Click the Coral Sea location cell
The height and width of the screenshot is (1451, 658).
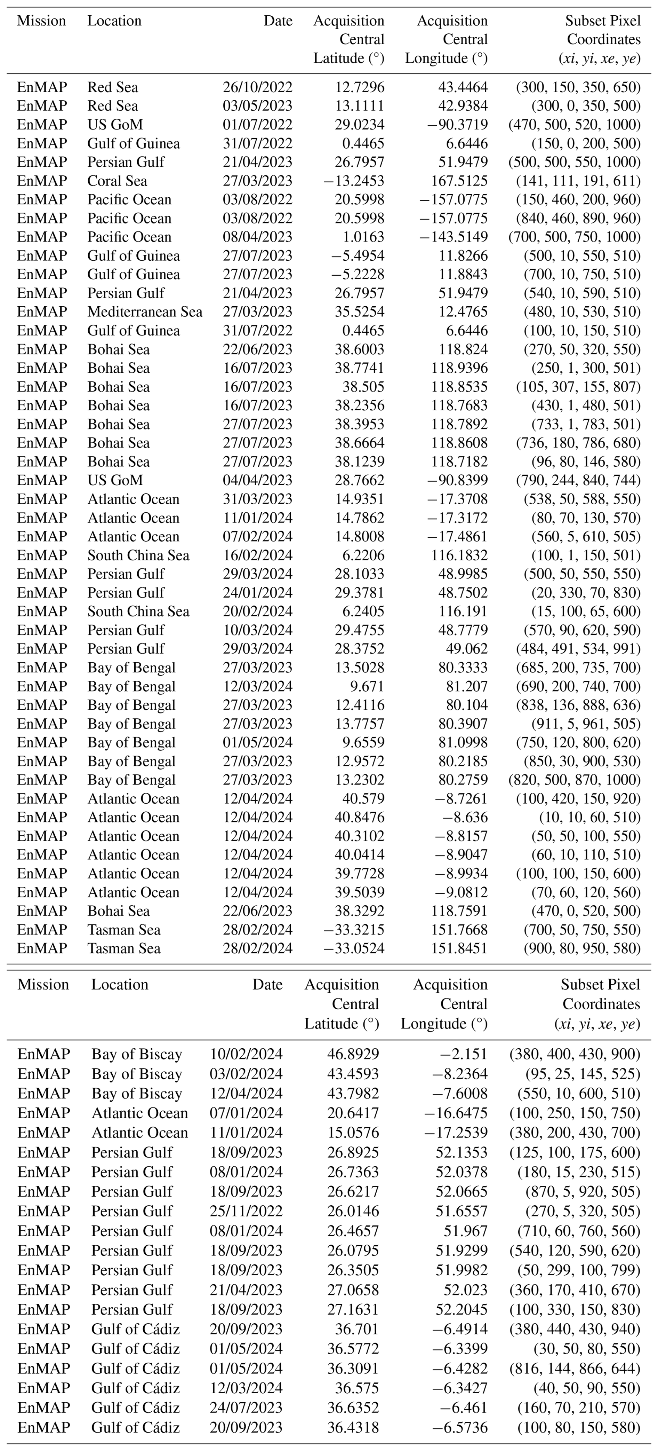(x=117, y=181)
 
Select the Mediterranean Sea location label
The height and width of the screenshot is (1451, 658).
(x=145, y=312)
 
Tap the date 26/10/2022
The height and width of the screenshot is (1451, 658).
(x=257, y=87)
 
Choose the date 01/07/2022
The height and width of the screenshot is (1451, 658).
(x=257, y=125)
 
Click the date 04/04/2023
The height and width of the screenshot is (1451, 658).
(x=257, y=480)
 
